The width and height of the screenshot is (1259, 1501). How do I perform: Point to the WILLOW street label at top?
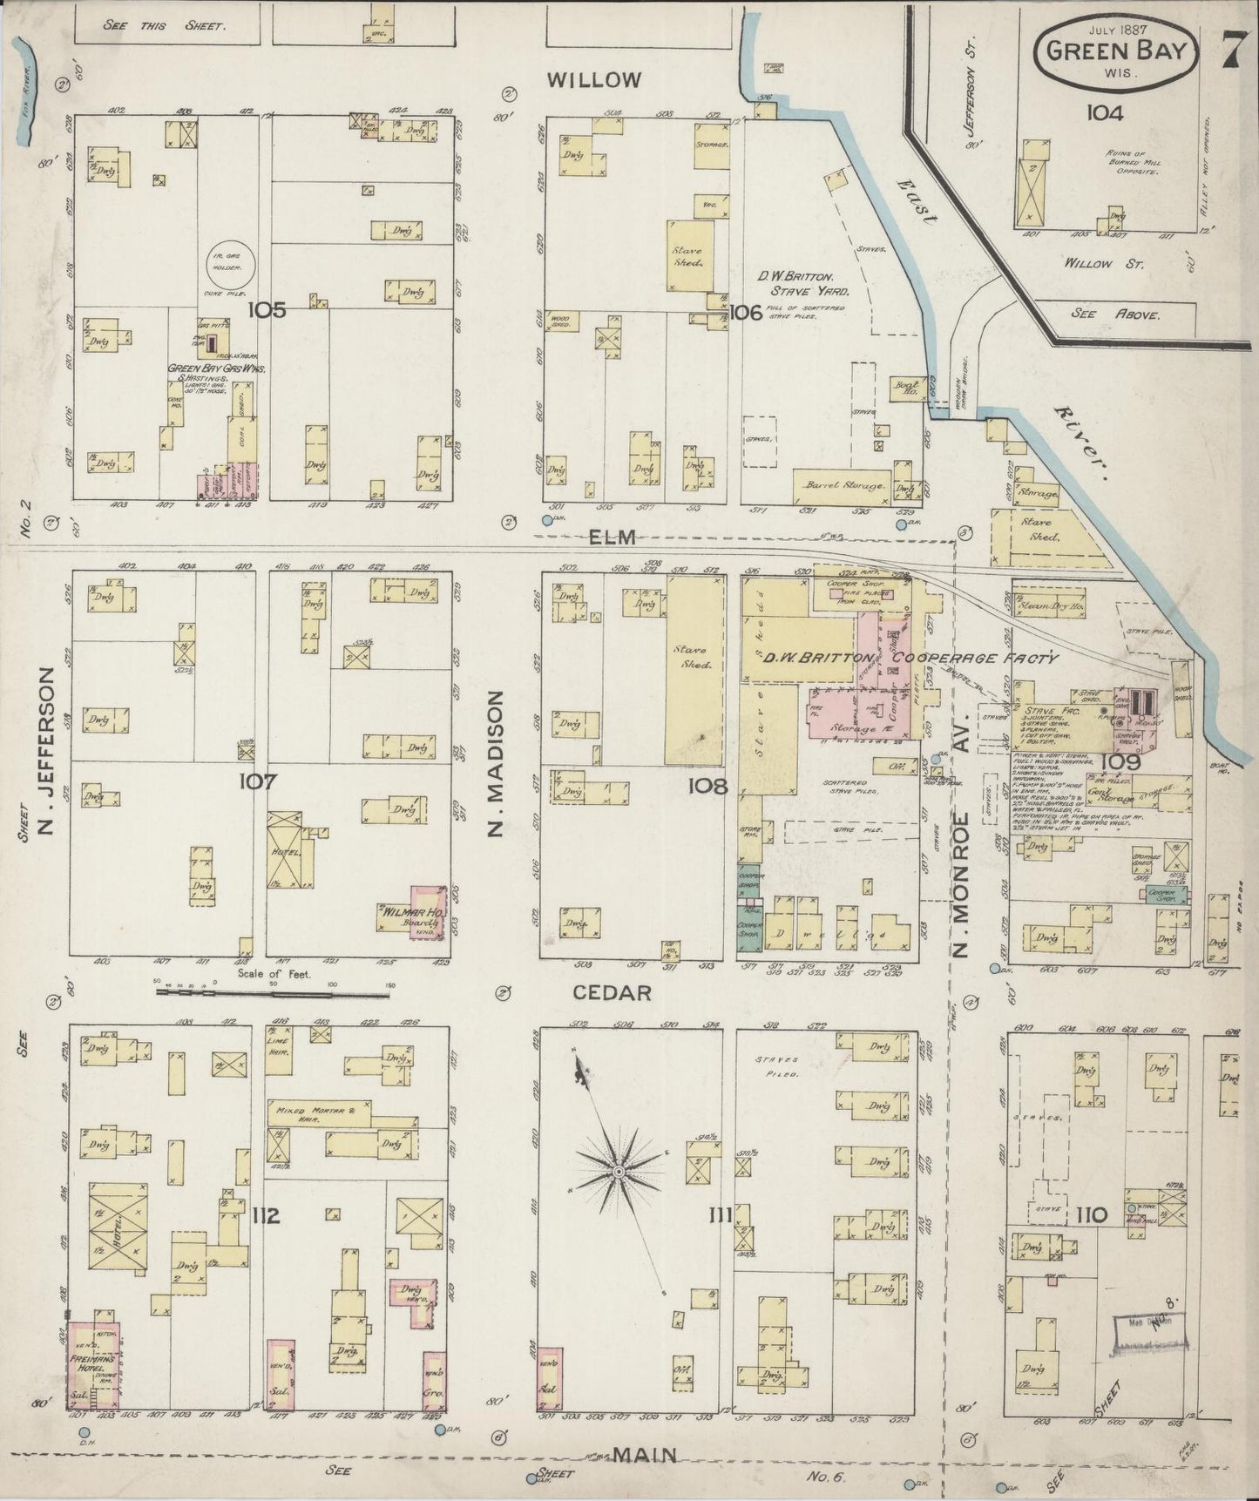594,80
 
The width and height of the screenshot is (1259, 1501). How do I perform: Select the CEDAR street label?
612,993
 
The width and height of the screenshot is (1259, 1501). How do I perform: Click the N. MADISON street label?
496,762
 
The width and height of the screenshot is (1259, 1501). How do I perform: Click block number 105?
266,310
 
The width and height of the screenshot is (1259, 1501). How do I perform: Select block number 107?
259,781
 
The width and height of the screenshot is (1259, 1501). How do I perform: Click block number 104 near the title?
1104,112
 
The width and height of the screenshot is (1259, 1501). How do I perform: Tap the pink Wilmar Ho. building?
425,912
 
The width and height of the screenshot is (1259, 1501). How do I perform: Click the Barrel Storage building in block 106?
842,485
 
